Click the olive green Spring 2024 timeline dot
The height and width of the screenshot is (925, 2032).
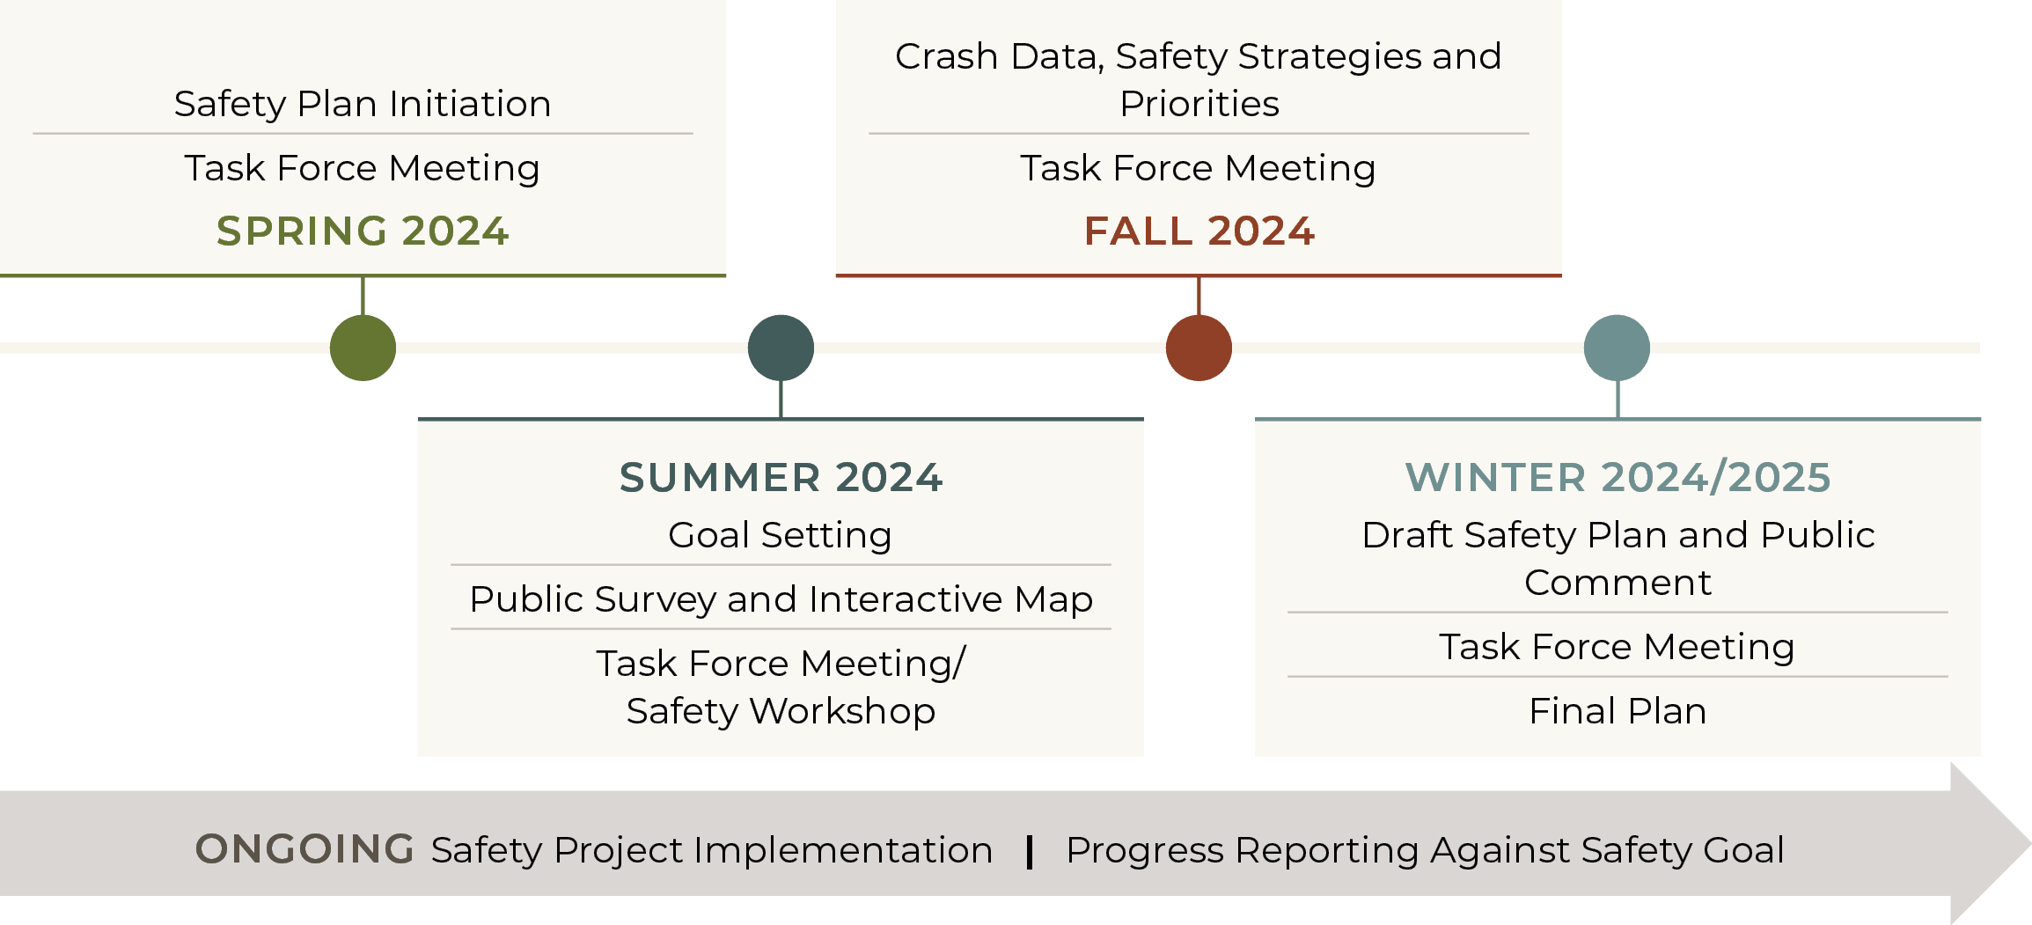click(x=363, y=349)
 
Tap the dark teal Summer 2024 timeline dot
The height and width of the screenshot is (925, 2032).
click(x=781, y=349)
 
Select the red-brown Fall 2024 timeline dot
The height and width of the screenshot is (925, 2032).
click(x=1199, y=349)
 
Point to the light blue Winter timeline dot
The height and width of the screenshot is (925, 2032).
click(x=1617, y=349)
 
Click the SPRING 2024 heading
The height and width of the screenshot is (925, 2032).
click(x=363, y=231)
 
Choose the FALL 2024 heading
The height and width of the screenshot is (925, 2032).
click(x=1199, y=231)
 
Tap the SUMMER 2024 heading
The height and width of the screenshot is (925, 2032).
click(x=781, y=477)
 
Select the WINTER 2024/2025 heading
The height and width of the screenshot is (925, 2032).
click(x=1618, y=477)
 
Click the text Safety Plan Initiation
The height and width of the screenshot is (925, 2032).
click(x=363, y=104)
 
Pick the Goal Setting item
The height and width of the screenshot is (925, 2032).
click(x=781, y=535)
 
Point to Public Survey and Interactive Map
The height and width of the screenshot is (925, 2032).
click(x=781, y=599)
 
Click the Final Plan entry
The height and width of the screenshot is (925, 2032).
click(x=1618, y=711)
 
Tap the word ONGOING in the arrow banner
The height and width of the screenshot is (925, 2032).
click(x=304, y=849)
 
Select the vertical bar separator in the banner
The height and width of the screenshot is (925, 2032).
click(x=1030, y=851)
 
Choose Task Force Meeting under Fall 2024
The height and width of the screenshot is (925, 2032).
click(x=1199, y=168)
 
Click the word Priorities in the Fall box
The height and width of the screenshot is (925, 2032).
click(x=1199, y=104)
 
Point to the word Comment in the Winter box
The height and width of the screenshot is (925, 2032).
click(x=1618, y=583)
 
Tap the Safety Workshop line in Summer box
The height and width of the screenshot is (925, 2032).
click(x=781, y=711)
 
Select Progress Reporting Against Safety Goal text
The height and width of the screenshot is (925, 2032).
click(x=1425, y=850)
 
